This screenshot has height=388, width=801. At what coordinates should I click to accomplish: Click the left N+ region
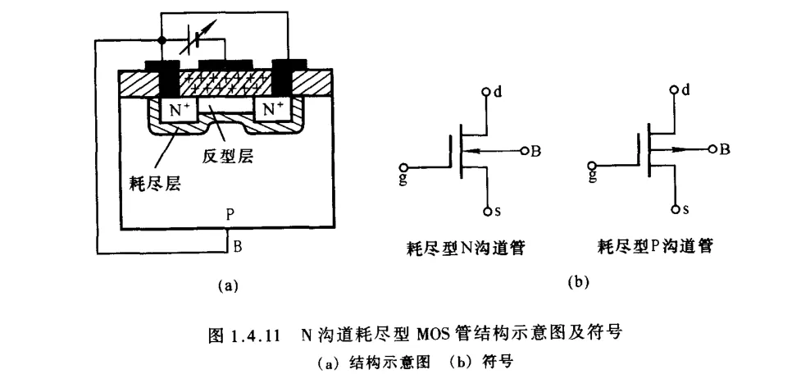point(178,111)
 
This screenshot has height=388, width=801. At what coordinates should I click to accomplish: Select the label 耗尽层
point(158,183)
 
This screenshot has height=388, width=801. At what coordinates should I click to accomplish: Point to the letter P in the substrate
point(230,215)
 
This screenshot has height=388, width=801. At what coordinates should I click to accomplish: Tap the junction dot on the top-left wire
point(161,40)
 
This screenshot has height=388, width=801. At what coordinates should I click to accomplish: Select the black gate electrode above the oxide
point(225,65)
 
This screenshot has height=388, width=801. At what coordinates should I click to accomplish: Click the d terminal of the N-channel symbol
point(486,92)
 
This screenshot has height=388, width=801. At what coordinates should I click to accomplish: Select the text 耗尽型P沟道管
point(655,248)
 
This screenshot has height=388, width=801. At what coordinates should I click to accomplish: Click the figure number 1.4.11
point(253,335)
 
